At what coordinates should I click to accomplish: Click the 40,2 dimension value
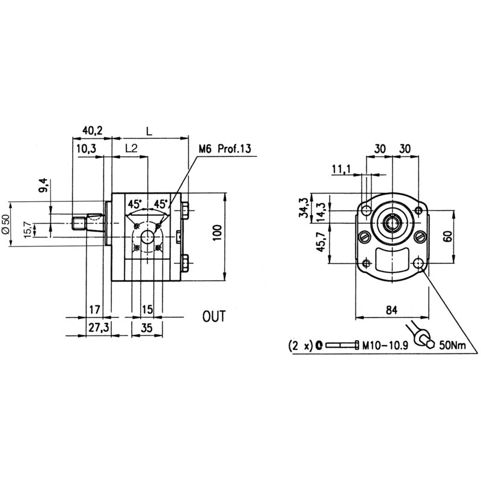coord(93,129)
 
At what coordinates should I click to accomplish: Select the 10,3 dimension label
coord(87,148)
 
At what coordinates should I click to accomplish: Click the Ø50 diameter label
coord(7,224)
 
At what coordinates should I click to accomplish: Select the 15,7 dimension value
coord(26,229)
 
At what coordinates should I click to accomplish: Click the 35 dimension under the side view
coord(147,328)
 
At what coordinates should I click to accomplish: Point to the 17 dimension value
coord(94,310)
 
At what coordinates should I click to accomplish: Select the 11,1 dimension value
coord(340,171)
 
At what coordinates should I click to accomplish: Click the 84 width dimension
coord(392,310)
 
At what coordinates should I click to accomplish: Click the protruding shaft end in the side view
coord(77,225)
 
